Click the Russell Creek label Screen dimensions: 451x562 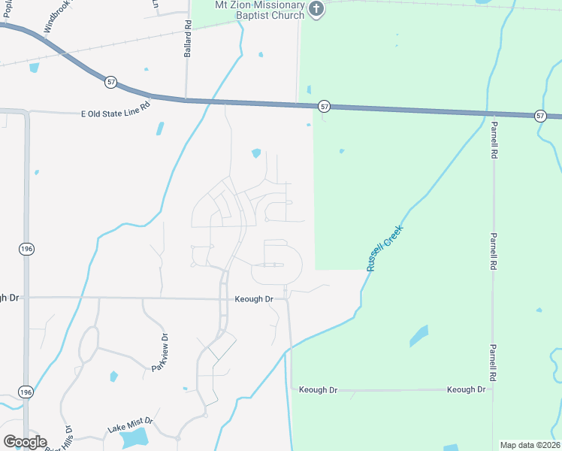(385, 247)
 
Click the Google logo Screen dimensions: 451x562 (25, 442)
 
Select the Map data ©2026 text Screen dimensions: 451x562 (529, 445)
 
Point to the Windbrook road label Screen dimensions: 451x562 (59, 17)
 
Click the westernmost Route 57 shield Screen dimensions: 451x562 (111, 81)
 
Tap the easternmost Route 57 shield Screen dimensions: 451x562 (540, 115)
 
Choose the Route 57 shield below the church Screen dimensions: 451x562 (324, 107)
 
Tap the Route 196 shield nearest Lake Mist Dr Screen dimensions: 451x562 (26, 392)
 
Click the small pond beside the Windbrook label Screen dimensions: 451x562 (34, 68)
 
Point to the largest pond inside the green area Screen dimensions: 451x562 (418, 336)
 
